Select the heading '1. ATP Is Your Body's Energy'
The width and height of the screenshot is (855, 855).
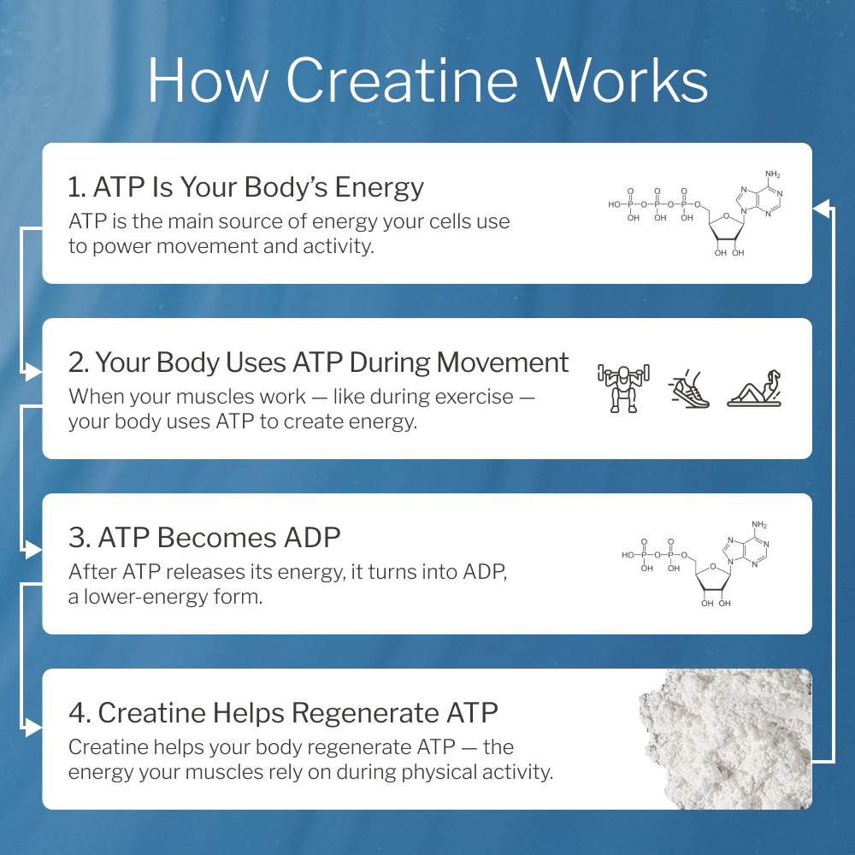click(246, 186)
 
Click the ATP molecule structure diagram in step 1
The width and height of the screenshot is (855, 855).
click(694, 214)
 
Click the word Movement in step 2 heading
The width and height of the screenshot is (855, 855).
click(503, 363)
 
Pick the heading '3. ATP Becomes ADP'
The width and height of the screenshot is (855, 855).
click(205, 537)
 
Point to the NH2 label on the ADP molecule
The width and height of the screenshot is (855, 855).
click(759, 524)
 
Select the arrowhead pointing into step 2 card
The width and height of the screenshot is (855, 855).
click(34, 373)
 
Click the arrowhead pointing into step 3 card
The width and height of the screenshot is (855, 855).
click(34, 548)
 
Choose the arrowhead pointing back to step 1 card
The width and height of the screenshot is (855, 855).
click(821, 206)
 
